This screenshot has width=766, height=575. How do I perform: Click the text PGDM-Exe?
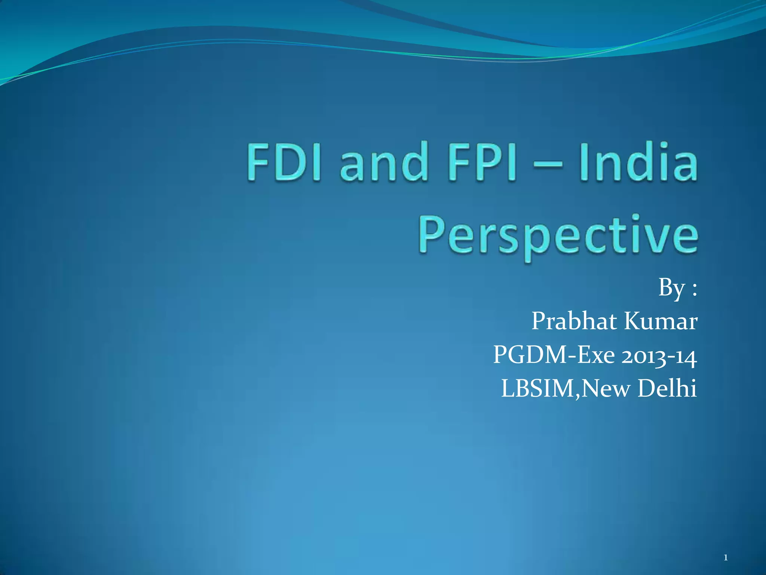(554, 355)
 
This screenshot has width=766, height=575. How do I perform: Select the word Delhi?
(667, 388)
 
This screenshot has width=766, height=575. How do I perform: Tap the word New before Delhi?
(606, 389)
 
